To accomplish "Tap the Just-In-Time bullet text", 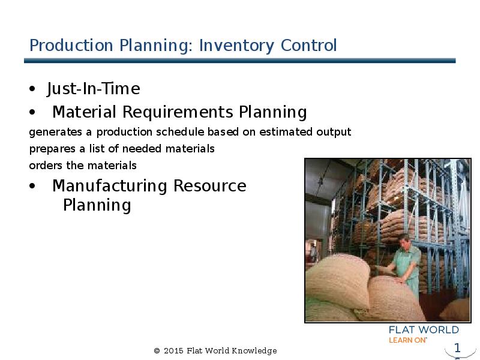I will (x=93, y=89).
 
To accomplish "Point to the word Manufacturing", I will (x=110, y=186).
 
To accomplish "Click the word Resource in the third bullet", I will (x=209, y=186).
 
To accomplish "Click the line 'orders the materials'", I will (x=83, y=165).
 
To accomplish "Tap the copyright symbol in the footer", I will (x=157, y=351).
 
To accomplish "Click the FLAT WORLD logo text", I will (x=424, y=330).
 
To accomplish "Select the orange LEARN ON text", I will (x=407, y=340).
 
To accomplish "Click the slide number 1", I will (x=457, y=348).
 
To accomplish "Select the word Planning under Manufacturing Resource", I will (x=97, y=205).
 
